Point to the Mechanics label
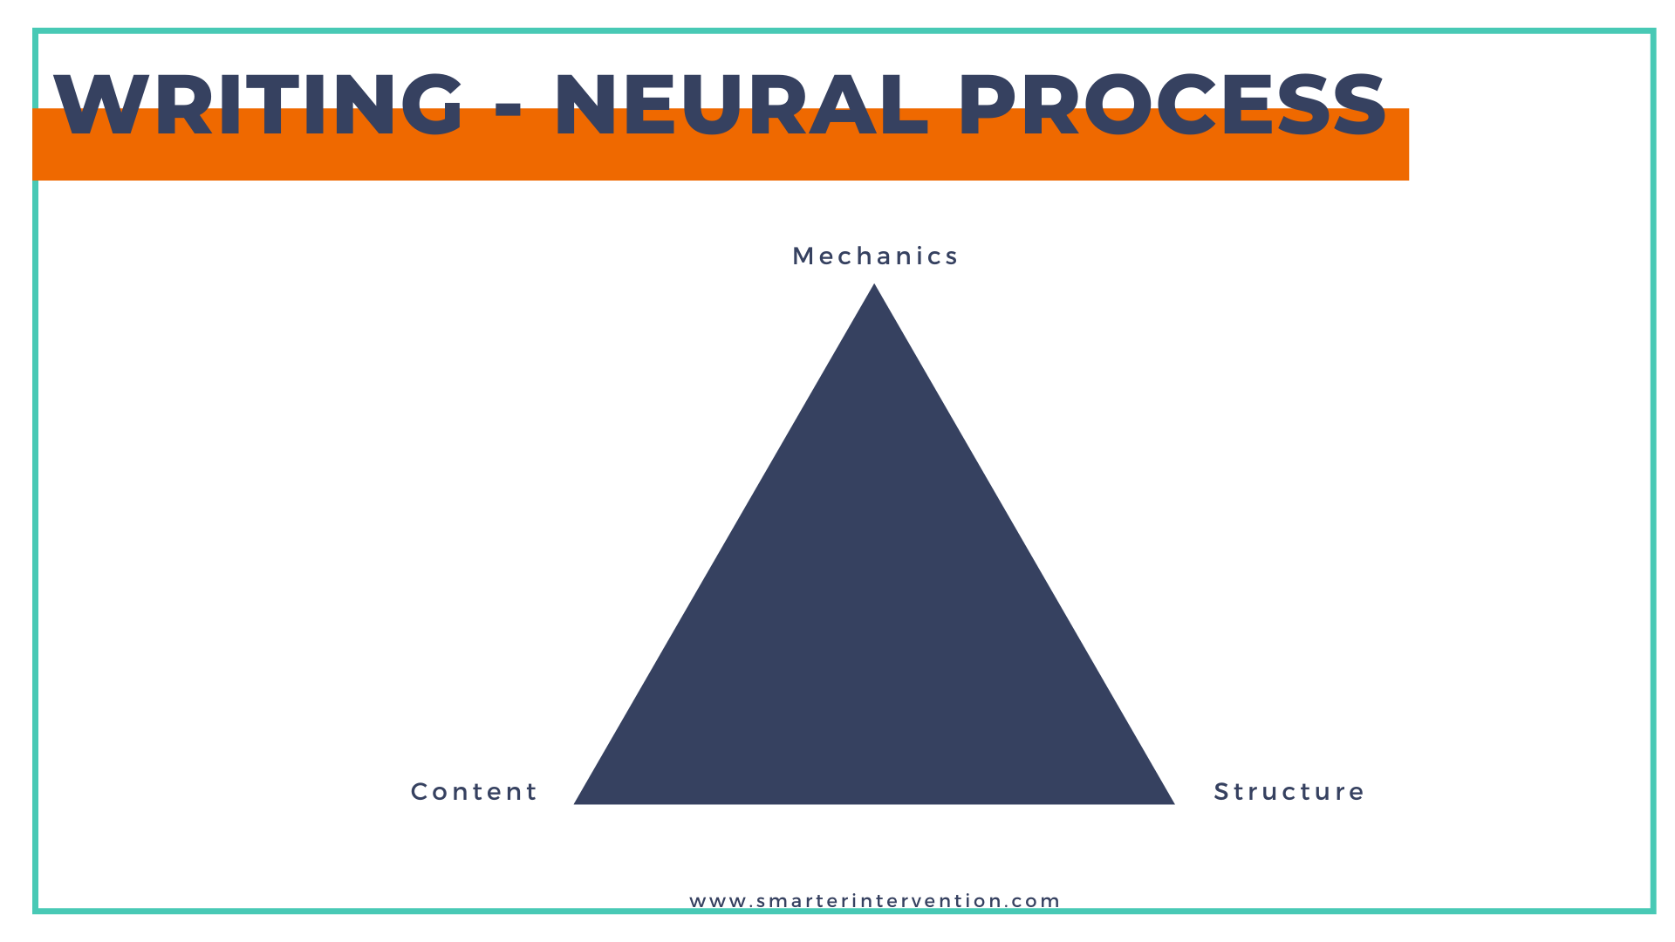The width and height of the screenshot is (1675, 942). tap(875, 256)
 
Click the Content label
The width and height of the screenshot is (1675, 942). tap(475, 792)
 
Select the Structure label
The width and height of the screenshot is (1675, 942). tap(1289, 792)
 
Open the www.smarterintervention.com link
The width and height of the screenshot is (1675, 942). tap(874, 901)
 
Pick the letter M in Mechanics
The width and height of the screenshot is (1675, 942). tap(802, 256)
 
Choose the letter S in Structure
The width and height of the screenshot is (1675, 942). tap(1221, 792)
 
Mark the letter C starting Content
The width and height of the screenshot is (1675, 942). tap(419, 792)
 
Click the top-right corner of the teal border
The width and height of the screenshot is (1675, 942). tap(1652, 31)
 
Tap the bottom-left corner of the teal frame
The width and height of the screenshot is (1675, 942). tap(36, 911)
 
